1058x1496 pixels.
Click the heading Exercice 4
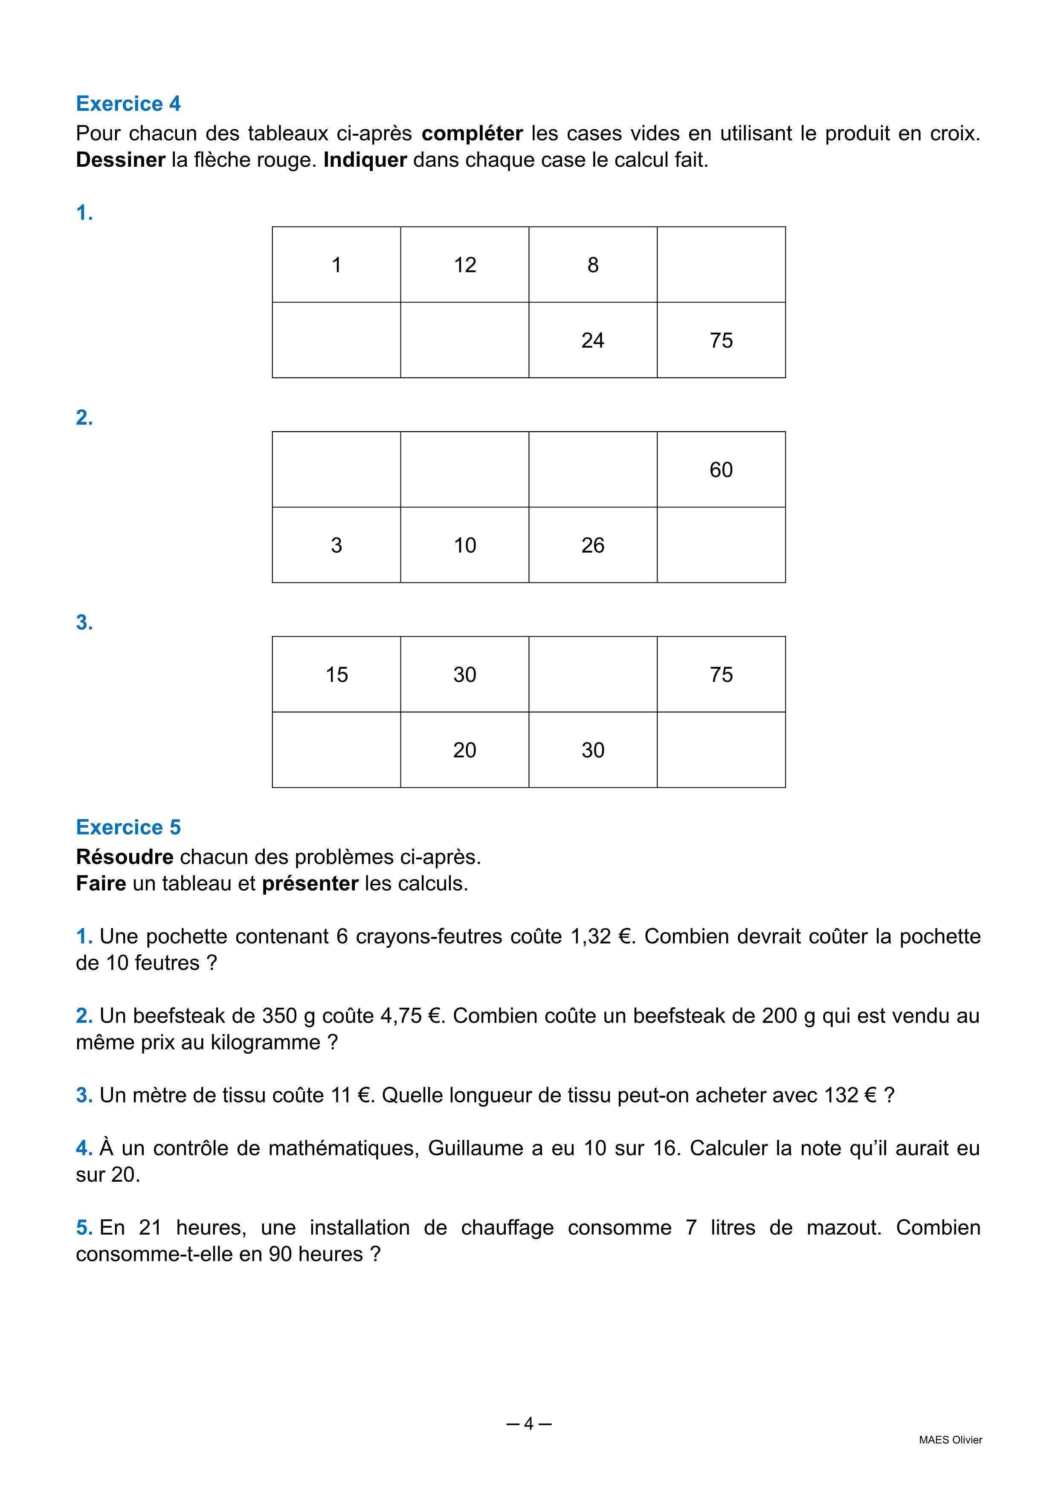[128, 104]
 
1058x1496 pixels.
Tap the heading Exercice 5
[128, 827]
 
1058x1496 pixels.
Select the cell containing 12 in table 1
[464, 264]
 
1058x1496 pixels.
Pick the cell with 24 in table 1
[592, 340]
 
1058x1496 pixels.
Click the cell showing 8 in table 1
[592, 264]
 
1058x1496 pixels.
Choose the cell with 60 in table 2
[721, 469]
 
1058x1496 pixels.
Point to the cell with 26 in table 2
[592, 545]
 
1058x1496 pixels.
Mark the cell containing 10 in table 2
[464, 545]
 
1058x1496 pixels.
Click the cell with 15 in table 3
[336, 674]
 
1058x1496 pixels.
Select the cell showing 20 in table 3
[464, 750]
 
